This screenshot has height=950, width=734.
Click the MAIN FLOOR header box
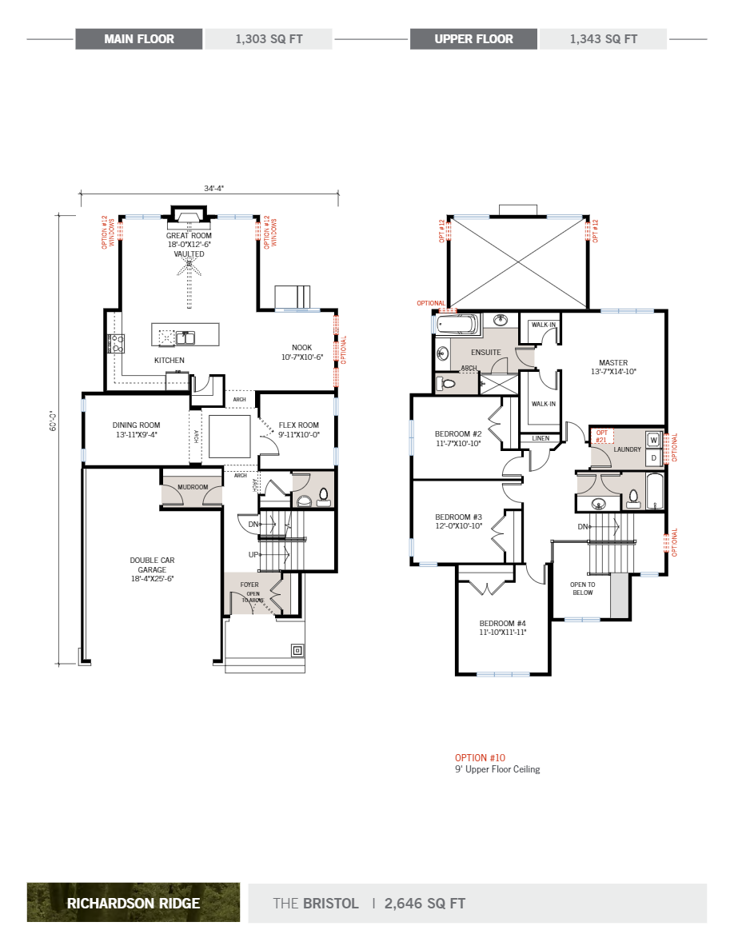click(139, 39)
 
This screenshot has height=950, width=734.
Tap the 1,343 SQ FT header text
click(603, 39)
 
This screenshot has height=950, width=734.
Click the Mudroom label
click(192, 487)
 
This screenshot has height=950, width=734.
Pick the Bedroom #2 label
click(458, 438)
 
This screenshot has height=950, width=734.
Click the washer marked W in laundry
click(652, 440)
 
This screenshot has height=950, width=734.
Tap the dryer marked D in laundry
click(652, 457)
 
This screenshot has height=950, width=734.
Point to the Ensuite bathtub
click(457, 325)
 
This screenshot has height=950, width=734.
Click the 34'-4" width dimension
click(213, 189)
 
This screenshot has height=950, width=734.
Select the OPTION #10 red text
click(480, 757)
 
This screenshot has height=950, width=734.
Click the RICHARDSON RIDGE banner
click(134, 904)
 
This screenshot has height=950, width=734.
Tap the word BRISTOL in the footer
click(330, 904)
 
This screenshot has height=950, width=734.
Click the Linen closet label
click(540, 438)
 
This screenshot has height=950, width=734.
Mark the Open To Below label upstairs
click(581, 589)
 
